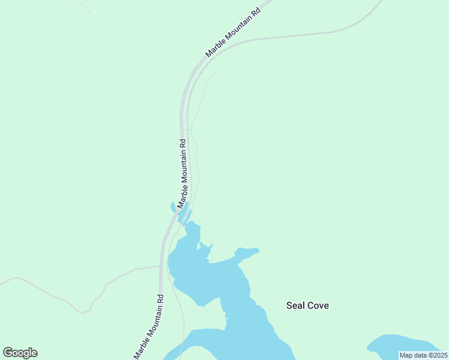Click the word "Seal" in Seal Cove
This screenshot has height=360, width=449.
(x=296, y=305)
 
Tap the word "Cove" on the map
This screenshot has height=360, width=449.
(x=318, y=305)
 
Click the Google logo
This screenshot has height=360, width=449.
(x=20, y=353)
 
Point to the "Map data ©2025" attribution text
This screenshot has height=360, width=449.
(x=423, y=355)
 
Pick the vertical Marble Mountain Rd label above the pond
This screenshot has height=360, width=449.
(x=184, y=174)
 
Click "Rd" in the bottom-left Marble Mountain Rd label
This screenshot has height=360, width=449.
(x=160, y=298)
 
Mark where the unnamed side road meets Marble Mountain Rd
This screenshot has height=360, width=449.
(x=160, y=265)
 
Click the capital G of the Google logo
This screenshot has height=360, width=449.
(x=8, y=353)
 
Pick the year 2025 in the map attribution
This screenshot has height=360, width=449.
(x=437, y=355)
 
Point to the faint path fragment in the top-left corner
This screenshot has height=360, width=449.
(x=84, y=7)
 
